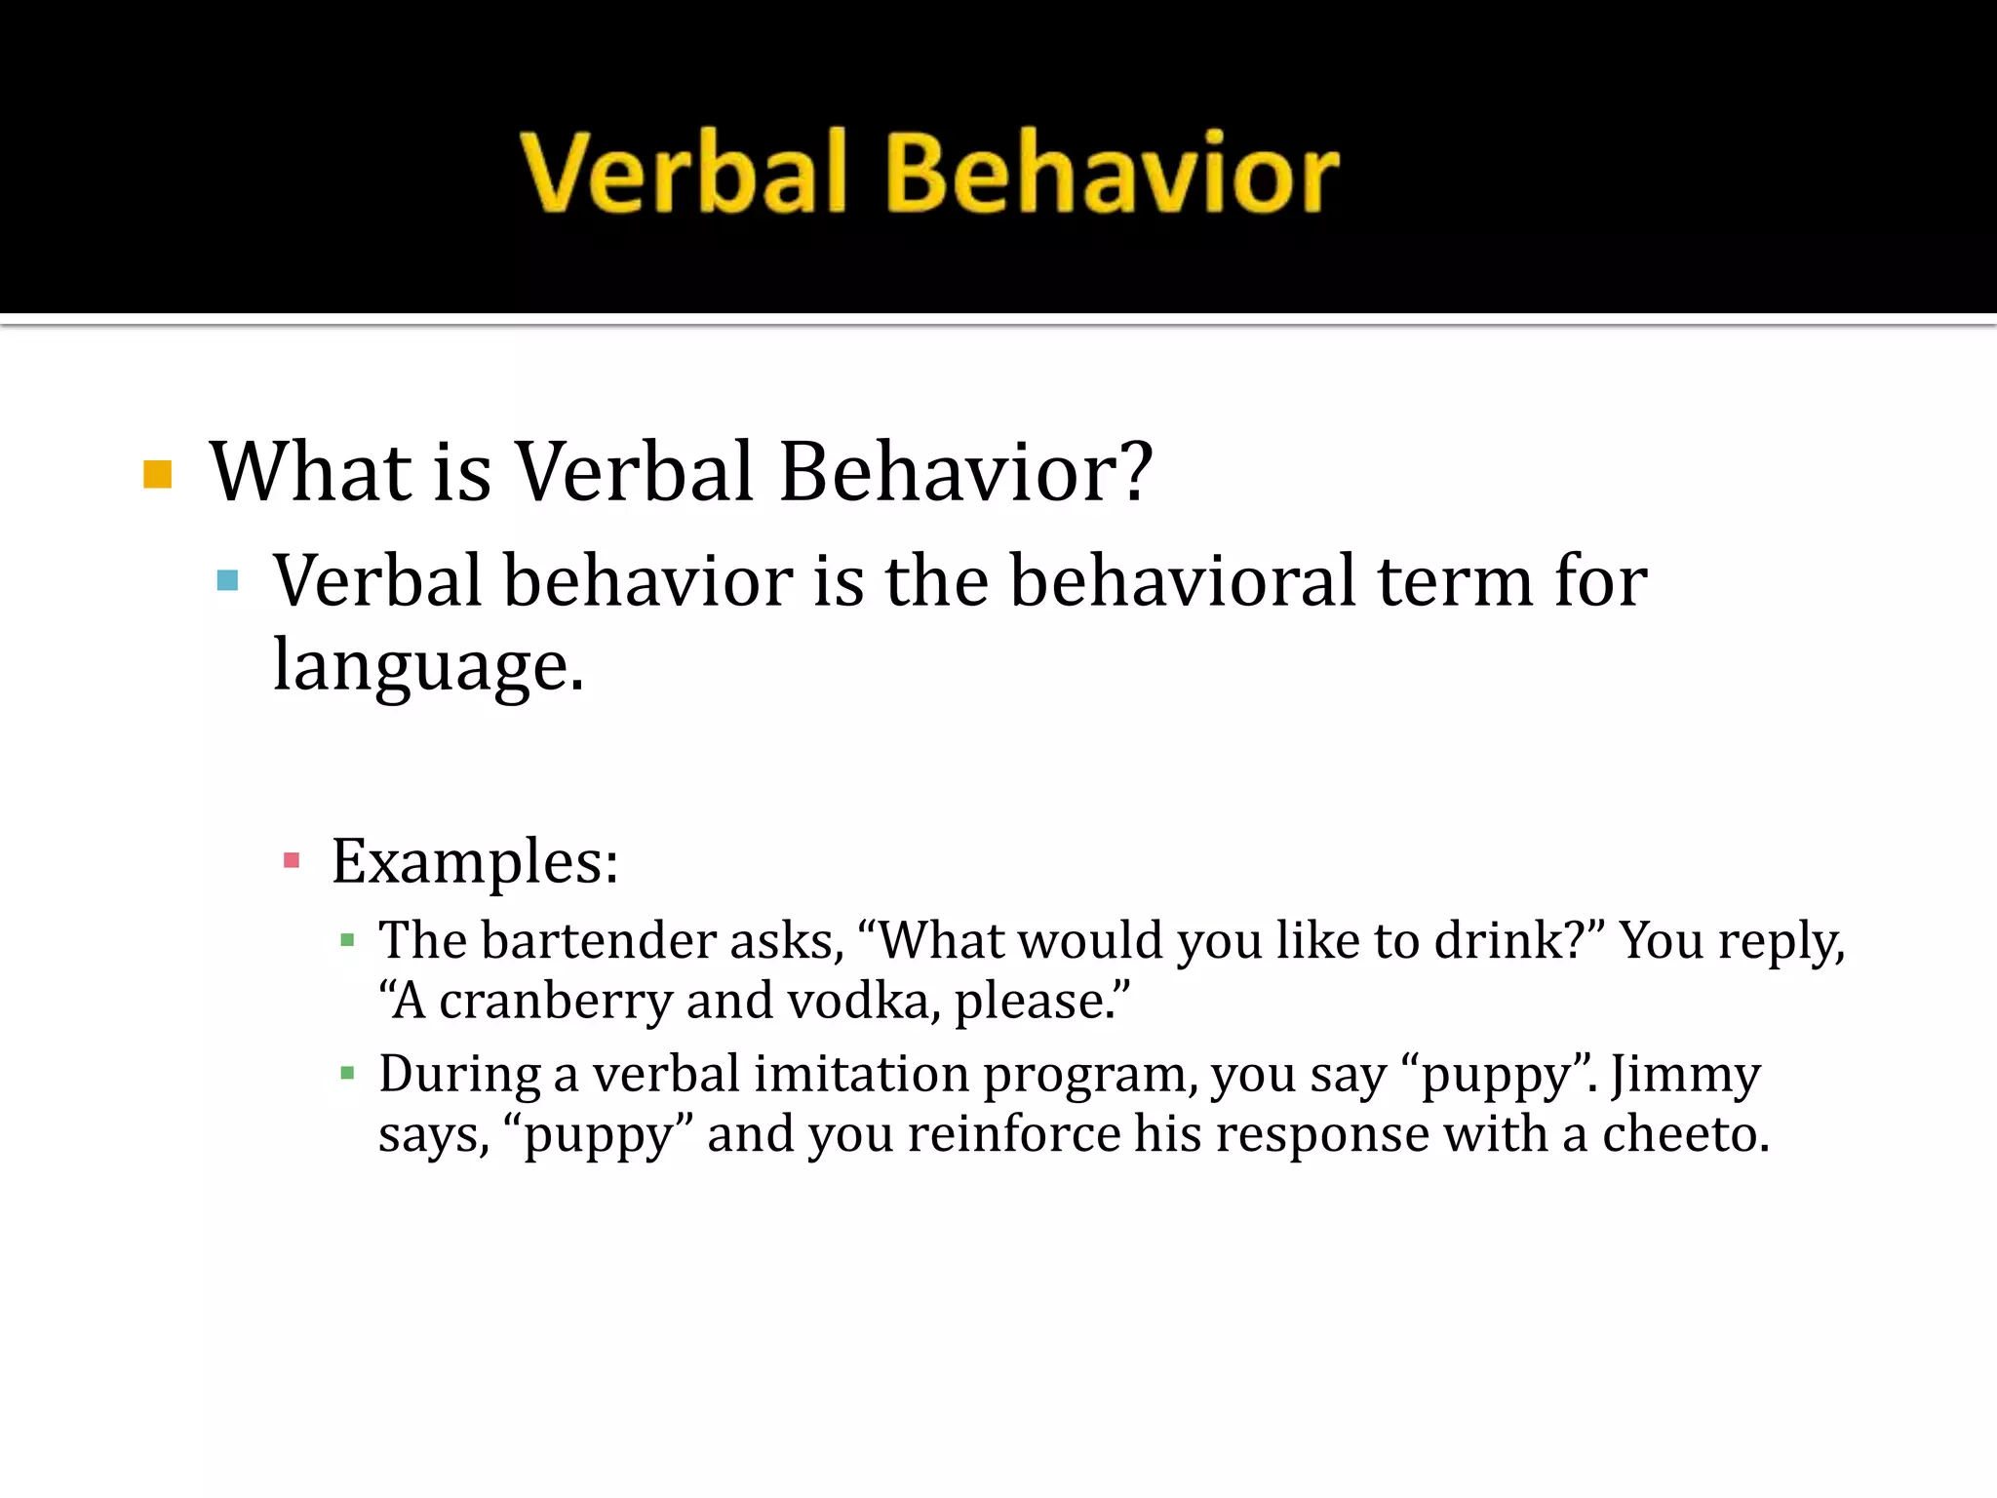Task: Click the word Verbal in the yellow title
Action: point(683,173)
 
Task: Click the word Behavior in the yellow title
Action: point(1112,173)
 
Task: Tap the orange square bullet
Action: point(157,474)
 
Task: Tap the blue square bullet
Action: point(228,581)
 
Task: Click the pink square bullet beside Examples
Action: point(291,860)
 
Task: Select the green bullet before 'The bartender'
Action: point(347,941)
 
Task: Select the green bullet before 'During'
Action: point(347,1075)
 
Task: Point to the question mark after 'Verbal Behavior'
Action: point(1131,472)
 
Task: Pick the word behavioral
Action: point(1182,581)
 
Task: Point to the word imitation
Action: point(862,1075)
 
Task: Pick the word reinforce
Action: point(1014,1134)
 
